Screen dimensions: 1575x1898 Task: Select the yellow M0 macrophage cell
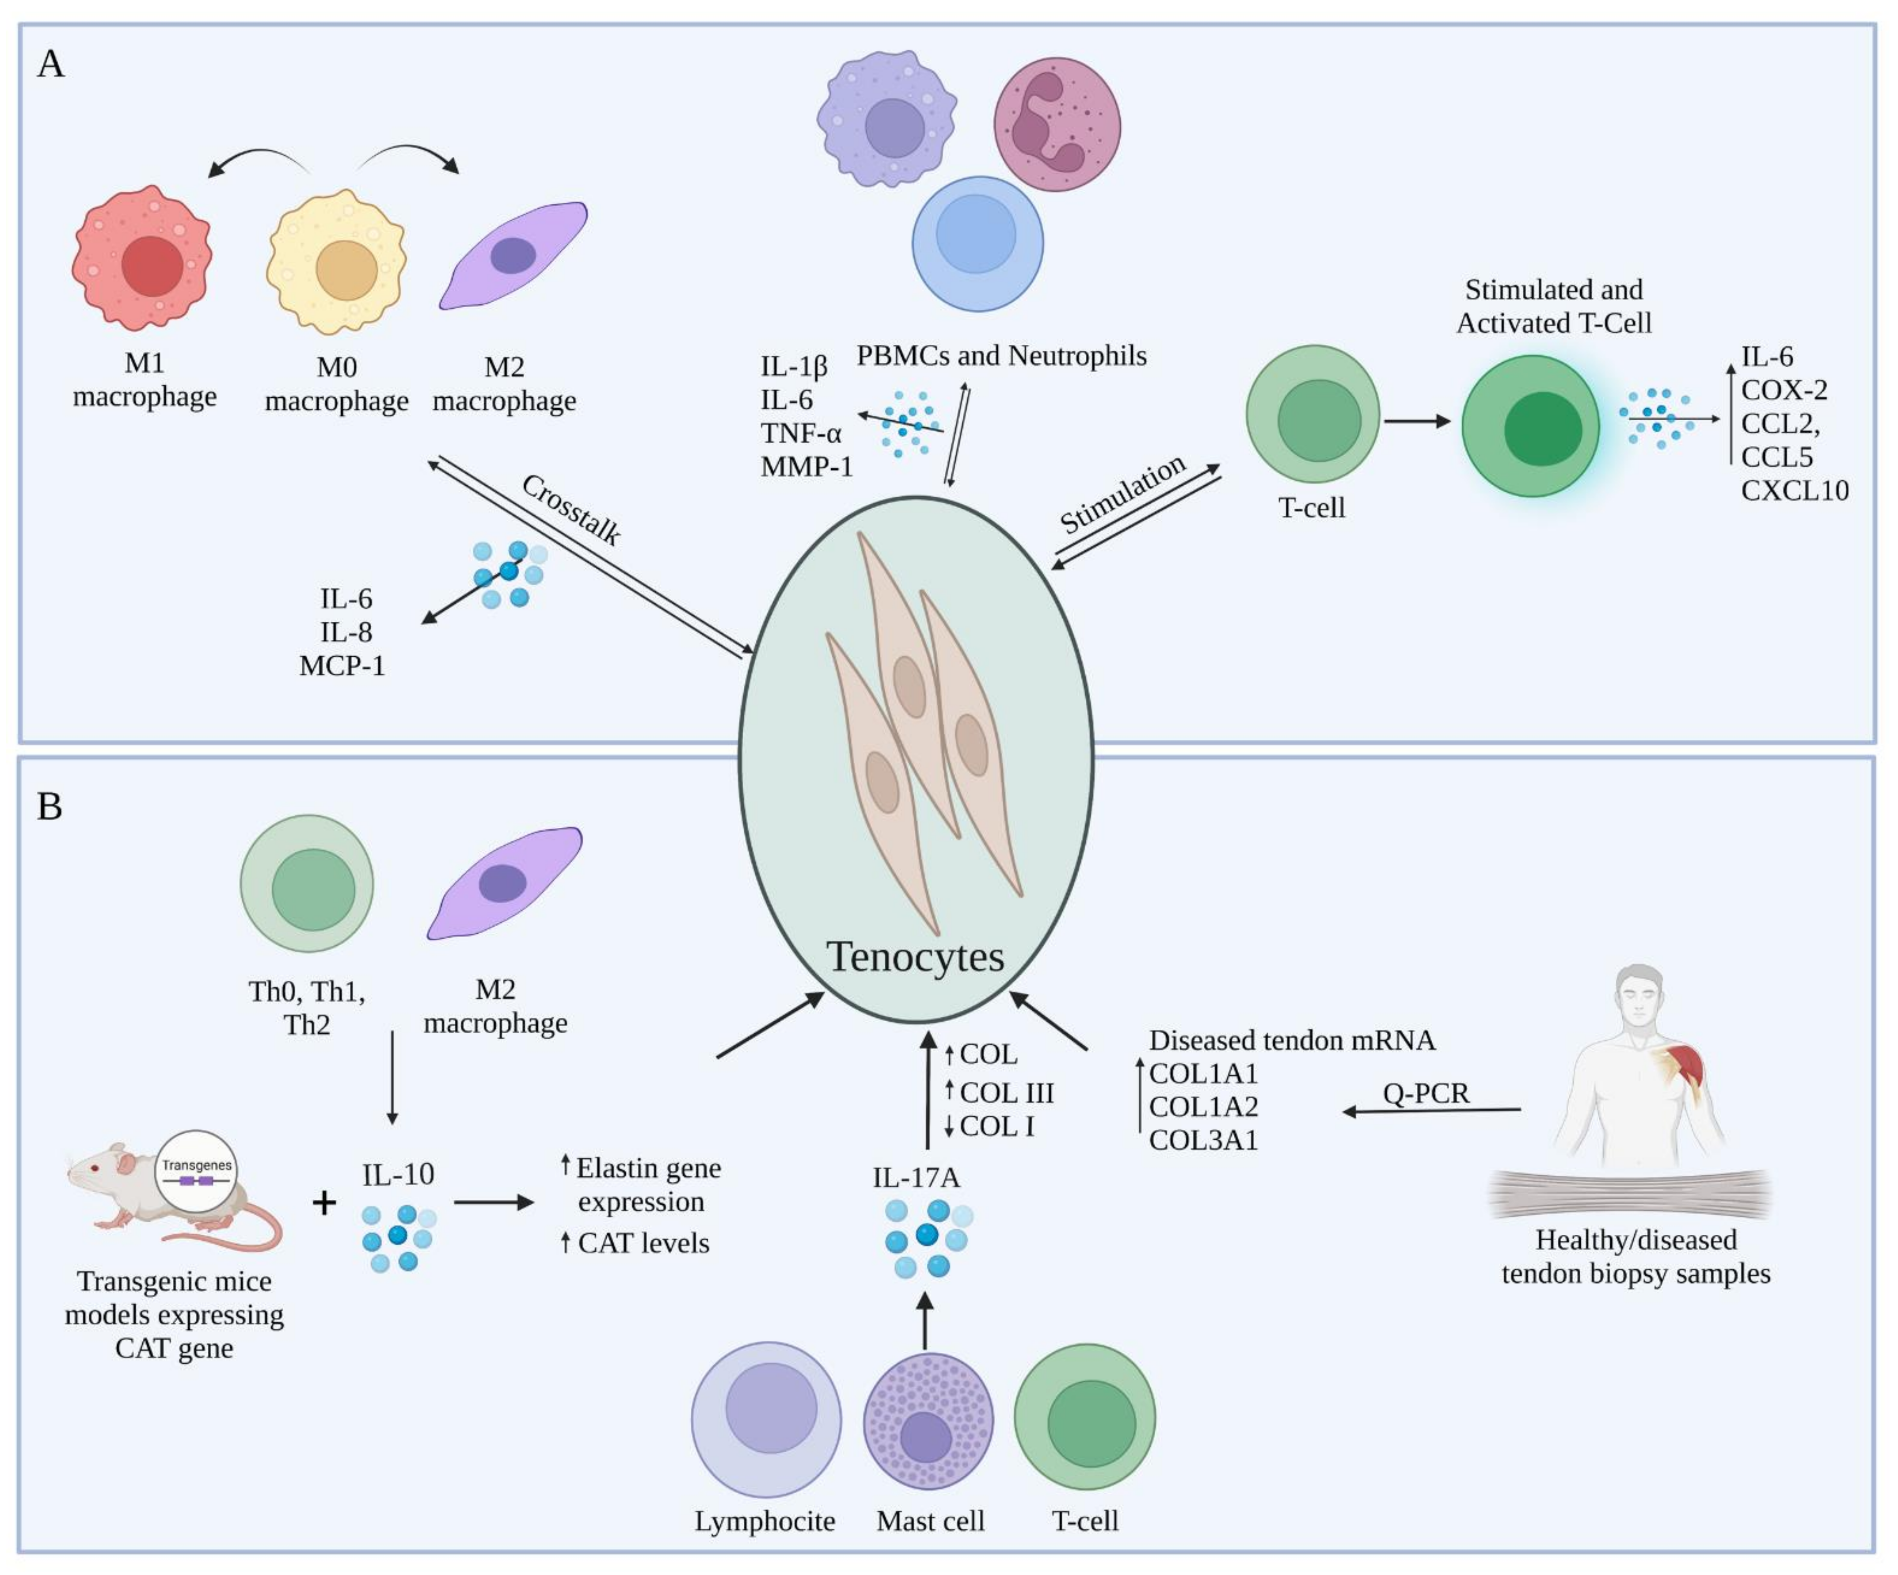coord(336,262)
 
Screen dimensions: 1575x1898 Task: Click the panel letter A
coord(51,64)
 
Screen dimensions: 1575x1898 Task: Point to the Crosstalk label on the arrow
coord(571,510)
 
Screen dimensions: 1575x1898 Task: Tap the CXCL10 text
coord(1794,491)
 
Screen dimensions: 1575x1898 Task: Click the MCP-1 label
coord(342,666)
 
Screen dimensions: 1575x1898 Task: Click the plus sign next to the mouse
coord(323,1203)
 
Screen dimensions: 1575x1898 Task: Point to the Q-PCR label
coord(1425,1093)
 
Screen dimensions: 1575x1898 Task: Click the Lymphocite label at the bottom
coord(765,1521)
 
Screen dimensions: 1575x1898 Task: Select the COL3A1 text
coord(1203,1140)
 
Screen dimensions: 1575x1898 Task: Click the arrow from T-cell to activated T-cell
coord(1416,421)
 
